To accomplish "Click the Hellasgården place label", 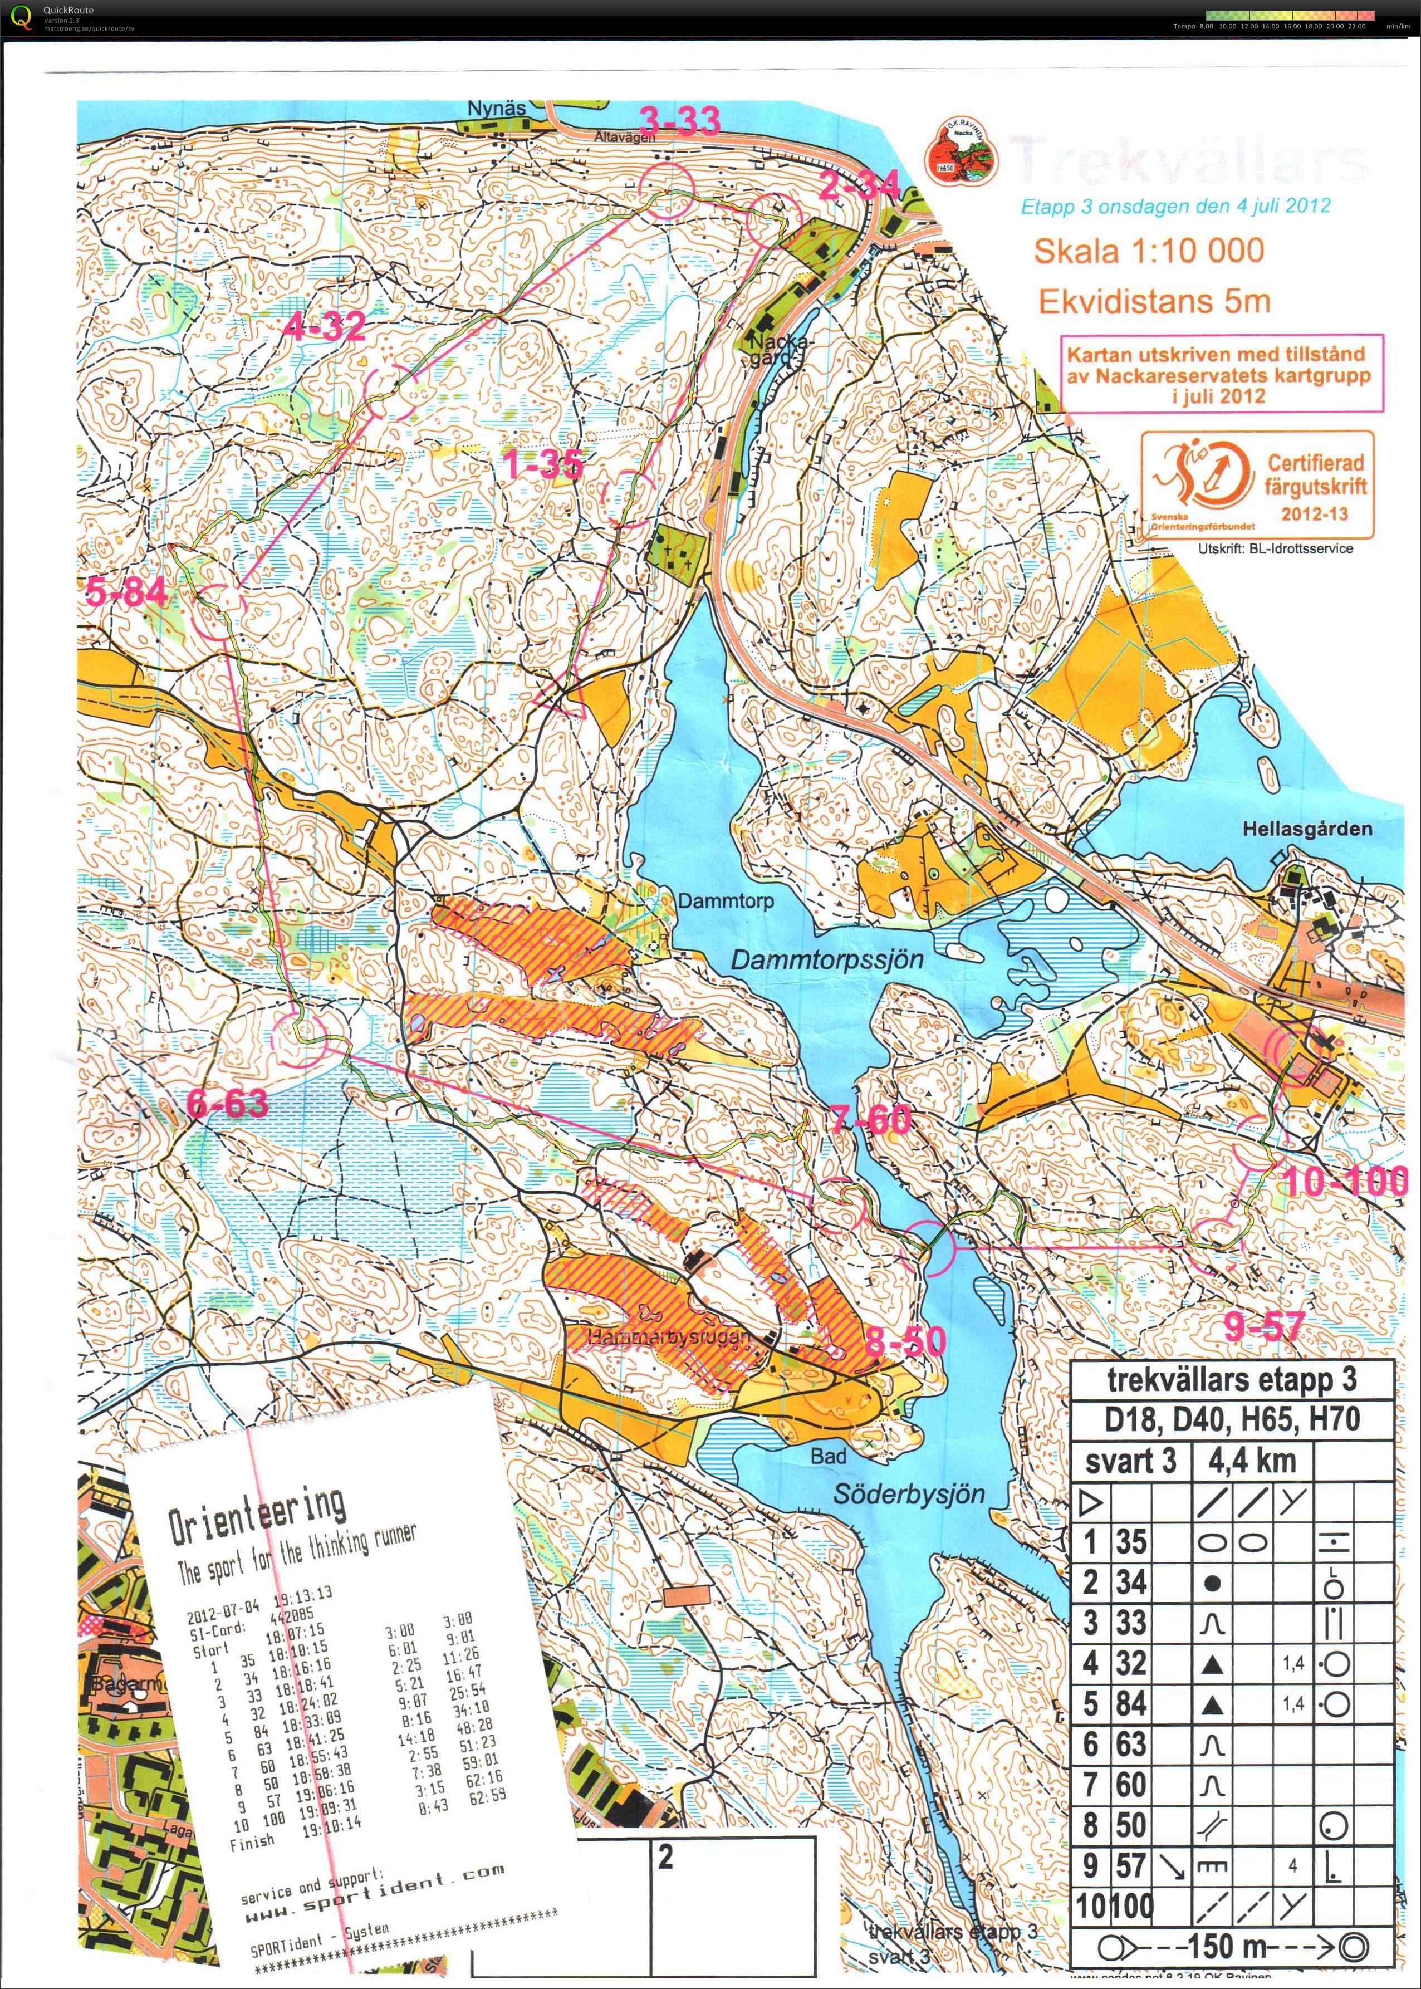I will tap(1307, 828).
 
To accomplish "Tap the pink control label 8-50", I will tap(905, 1341).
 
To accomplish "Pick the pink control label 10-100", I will tap(1345, 1182).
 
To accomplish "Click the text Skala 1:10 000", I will tap(1148, 251).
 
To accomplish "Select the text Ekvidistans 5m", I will tap(1153, 302).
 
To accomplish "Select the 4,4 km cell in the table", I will tap(1251, 1461).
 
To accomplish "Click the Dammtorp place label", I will tap(726, 902).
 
